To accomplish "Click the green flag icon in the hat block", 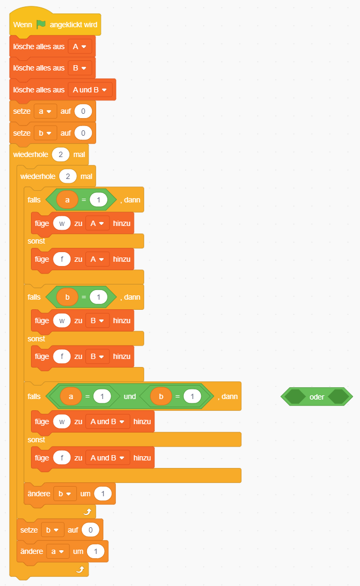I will pos(41,25).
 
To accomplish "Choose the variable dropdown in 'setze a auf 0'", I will pos(45,111).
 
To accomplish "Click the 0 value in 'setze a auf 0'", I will pos(83,111).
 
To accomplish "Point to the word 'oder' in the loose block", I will pos(317,397).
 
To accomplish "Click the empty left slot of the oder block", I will pos(294,397).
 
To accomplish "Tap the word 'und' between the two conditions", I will pos(130,396).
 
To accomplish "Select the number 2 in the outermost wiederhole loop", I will pos(61,154).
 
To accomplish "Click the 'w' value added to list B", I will pos(62,320).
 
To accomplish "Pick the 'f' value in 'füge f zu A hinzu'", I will pos(62,259).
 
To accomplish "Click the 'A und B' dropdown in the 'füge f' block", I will pos(107,458).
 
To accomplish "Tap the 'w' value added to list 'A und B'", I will pos(62,421).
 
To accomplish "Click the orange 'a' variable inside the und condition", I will pos(71,396).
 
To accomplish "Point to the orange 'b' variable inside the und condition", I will pos(161,396).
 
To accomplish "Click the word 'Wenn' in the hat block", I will pos(22,25).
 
